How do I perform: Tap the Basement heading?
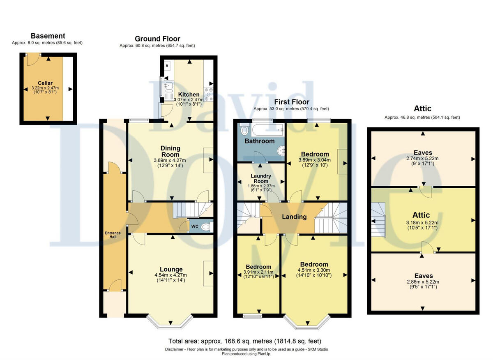coord(48,36)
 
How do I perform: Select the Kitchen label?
coord(189,95)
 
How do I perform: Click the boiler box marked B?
coord(167,66)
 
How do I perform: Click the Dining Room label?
coord(170,151)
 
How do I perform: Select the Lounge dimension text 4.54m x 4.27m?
coord(170,275)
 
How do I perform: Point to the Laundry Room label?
coord(261,178)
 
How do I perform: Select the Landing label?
coord(295,217)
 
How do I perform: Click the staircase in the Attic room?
coord(378,220)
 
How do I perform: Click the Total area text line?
coord(245,341)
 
